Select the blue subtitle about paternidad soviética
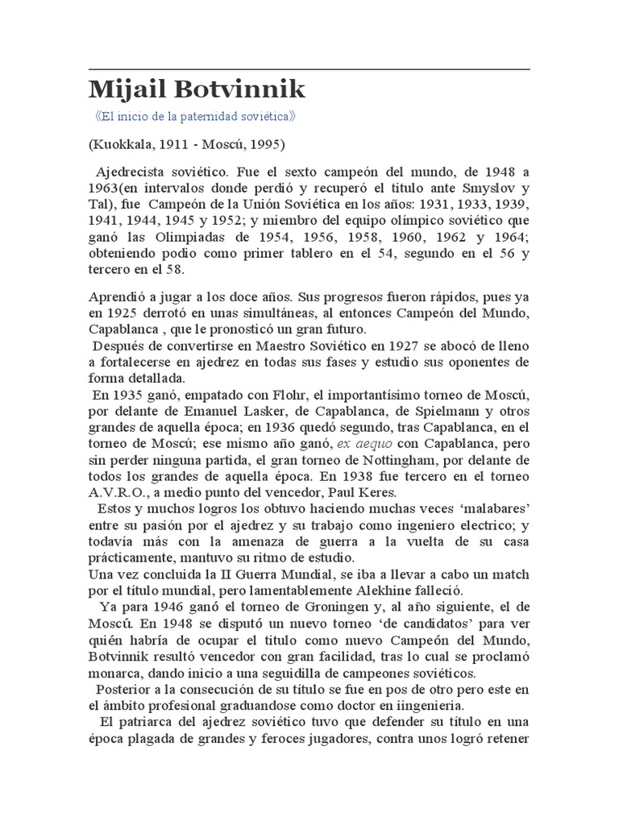[x=196, y=116]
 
